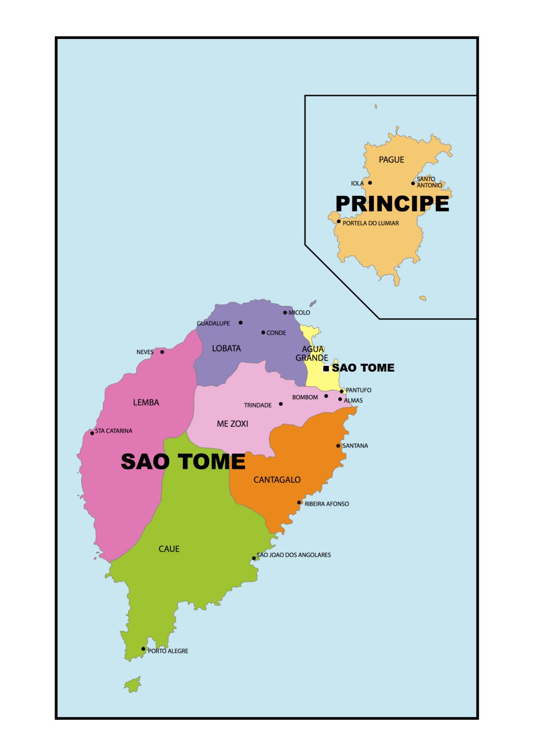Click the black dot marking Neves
[x=162, y=352]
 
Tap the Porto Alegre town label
[x=168, y=651]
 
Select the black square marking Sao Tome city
[x=326, y=368]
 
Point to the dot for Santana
[x=338, y=446]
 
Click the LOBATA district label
[x=226, y=349]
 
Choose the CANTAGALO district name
[x=277, y=480]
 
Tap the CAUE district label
[x=169, y=549]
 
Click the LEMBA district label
[x=146, y=403]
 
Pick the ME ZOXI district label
[x=232, y=424]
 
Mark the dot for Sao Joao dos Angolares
[x=254, y=559]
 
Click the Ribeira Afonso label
[x=327, y=504]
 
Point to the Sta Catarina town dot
[x=92, y=433]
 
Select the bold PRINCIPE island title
[x=392, y=204]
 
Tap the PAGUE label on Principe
[x=391, y=160]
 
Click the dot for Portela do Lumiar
[x=339, y=222]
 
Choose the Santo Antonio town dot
[x=413, y=184]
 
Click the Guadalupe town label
[x=213, y=324]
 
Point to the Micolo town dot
[x=285, y=313]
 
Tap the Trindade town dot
[x=281, y=404]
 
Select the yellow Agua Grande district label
[x=312, y=353]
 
